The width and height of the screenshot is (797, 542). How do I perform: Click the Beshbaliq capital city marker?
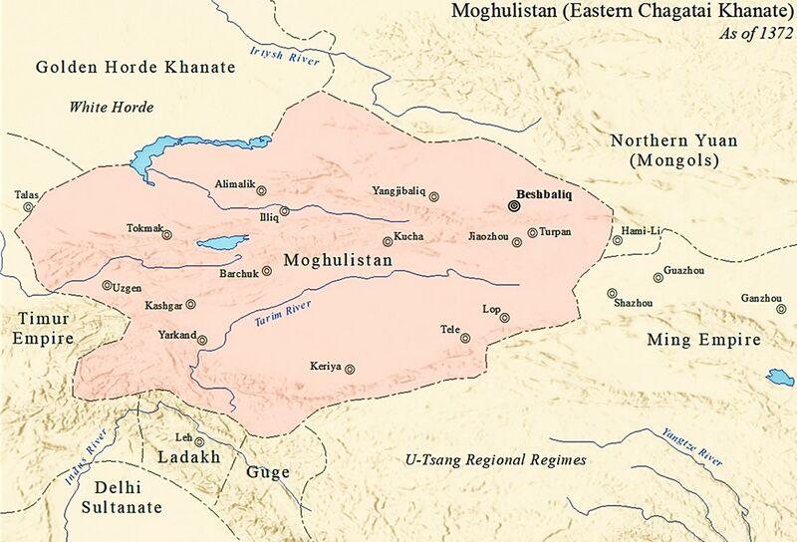[513, 206]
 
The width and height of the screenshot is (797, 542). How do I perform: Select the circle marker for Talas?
[28, 207]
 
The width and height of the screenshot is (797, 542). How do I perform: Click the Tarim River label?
[283, 313]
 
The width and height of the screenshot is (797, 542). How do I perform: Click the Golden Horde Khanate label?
[134, 68]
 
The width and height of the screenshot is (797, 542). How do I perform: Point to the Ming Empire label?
[703, 341]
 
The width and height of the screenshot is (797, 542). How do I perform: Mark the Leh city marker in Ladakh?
[199, 441]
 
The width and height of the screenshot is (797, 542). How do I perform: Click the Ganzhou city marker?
[781, 308]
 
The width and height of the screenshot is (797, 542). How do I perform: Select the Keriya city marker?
[350, 368]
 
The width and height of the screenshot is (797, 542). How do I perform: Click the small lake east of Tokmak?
[222, 242]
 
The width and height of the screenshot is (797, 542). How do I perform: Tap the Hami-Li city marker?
[618, 240]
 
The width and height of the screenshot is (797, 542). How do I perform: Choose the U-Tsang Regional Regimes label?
[493, 460]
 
